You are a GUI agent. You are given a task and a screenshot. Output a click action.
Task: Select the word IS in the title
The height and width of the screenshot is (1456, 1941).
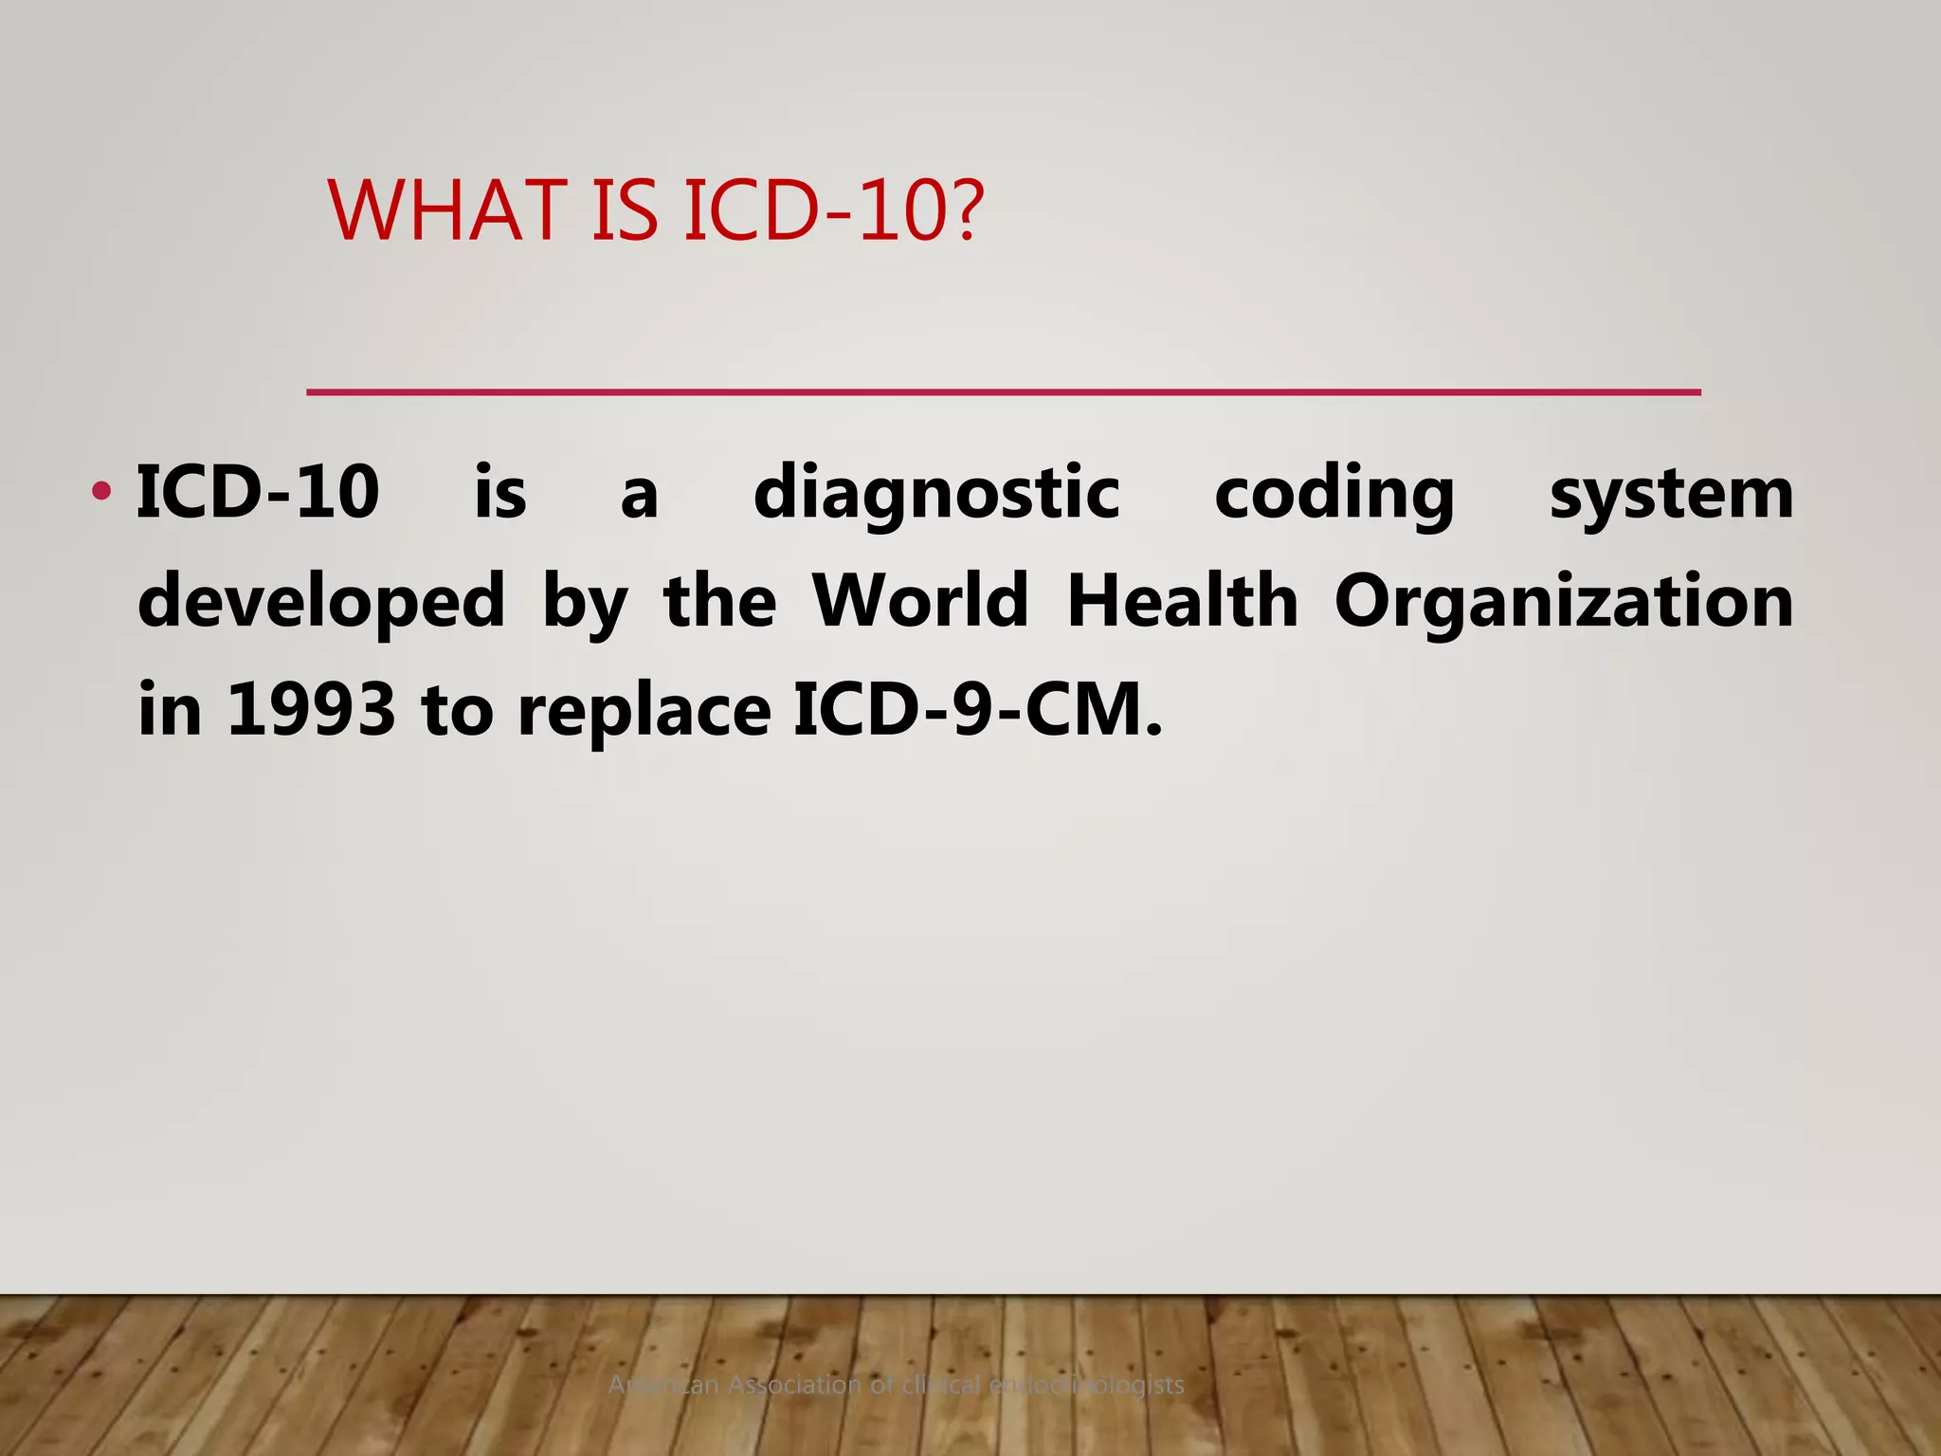[624, 210]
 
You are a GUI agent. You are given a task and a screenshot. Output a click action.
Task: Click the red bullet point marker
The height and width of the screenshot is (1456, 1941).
[101, 492]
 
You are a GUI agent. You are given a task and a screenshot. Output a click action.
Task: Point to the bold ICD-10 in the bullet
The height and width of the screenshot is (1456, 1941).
[258, 492]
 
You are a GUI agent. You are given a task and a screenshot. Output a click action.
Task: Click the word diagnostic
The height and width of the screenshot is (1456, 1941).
[936, 494]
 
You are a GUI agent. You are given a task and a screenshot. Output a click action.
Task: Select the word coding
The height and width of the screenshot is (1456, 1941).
[1333, 494]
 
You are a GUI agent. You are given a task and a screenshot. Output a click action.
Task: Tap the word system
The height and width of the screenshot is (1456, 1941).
[1671, 494]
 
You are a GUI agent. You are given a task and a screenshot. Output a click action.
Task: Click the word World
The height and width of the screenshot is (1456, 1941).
[920, 601]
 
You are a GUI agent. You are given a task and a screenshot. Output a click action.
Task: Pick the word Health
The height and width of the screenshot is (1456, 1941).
[1182, 601]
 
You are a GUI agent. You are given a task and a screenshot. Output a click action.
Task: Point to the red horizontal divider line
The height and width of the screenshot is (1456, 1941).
[1003, 391]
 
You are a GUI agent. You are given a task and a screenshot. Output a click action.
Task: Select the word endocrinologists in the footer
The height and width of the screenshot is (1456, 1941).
[1086, 1385]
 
